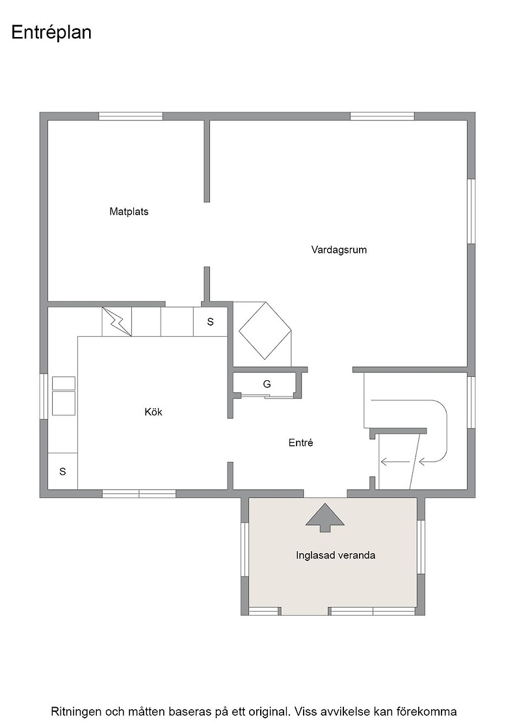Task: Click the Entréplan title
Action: tap(51, 33)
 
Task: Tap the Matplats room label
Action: tap(129, 212)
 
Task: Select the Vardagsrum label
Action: tap(339, 250)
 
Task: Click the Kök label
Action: tap(153, 412)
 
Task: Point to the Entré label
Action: tap(301, 443)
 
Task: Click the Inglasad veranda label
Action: tap(336, 555)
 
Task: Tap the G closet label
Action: tap(267, 384)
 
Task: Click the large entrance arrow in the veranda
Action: tap(325, 517)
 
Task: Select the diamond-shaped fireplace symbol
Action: tap(265, 331)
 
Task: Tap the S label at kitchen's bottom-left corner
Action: tap(62, 472)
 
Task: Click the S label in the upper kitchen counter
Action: tap(211, 322)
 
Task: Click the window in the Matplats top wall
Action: tap(131, 116)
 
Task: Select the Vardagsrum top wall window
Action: tap(382, 116)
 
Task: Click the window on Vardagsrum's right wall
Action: tap(471, 211)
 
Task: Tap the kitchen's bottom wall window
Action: tap(139, 493)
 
